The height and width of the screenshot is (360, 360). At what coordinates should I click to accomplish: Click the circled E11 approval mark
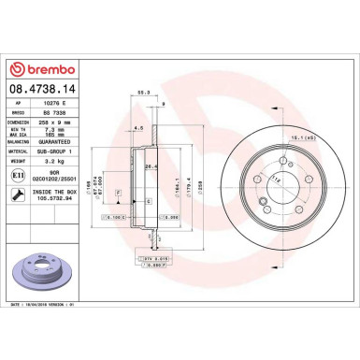17,175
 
